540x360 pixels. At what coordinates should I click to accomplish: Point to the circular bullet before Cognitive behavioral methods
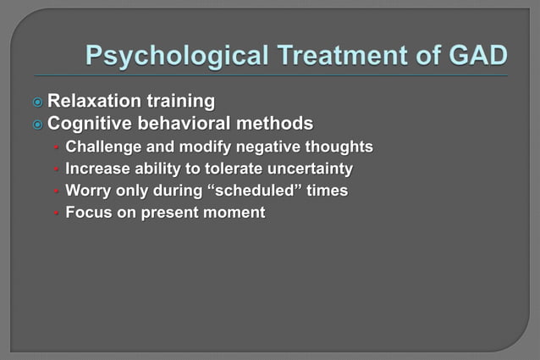click(x=37, y=125)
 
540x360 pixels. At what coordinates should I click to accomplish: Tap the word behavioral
click(x=187, y=124)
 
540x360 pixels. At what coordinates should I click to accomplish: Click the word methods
click(x=278, y=124)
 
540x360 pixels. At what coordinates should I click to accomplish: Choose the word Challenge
click(x=104, y=147)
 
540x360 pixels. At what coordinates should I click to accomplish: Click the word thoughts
click(x=343, y=147)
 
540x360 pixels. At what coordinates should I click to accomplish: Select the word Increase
click(x=97, y=169)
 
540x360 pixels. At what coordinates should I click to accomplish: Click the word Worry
click(x=89, y=191)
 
